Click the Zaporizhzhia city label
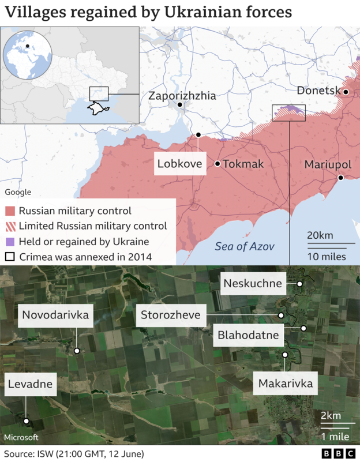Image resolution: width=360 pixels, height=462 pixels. pos(182,96)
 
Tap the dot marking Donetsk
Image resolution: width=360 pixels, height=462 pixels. pos(346,92)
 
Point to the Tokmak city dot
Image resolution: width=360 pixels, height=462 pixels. pos(217,164)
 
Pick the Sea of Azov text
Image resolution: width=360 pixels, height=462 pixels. pos(244,247)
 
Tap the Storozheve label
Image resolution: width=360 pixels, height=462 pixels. pos(171,315)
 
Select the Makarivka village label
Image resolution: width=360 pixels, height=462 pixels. pos(286,383)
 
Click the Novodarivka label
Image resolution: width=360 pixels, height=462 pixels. pos(55,315)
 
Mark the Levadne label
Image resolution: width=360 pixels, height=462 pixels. pos(29,384)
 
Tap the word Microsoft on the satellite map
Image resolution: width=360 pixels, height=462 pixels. pos(21,437)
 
